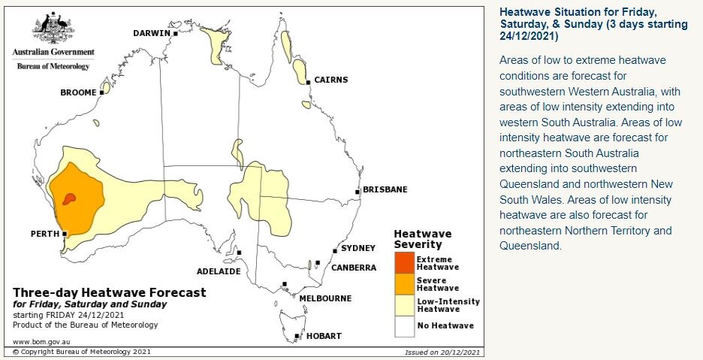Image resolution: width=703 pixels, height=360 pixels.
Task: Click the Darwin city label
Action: pos(151,33)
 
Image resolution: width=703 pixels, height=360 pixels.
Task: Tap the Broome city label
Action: pos(78,92)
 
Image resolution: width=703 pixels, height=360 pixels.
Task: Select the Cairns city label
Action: pos(330,80)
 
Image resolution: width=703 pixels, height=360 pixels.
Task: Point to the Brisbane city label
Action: pos(385,189)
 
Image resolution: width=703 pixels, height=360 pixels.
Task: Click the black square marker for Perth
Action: pos(65,234)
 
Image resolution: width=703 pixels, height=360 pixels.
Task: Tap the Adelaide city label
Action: pos(218,271)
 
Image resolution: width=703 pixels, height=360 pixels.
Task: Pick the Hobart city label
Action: pos(323,336)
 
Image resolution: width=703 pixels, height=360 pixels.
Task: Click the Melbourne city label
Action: pos(325,298)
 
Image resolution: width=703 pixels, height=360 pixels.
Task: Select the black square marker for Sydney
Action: pos(335,251)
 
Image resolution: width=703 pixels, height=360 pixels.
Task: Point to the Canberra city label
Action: pos(343,268)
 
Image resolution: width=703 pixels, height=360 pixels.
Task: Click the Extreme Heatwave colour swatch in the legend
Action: pos(404,262)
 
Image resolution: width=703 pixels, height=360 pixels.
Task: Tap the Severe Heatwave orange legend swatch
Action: pos(404,283)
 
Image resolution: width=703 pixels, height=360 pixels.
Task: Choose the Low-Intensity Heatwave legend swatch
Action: pos(404,304)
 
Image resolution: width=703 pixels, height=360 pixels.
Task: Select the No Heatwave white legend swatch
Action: pos(404,325)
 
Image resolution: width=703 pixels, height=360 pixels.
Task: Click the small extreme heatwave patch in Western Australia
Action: pos(69,198)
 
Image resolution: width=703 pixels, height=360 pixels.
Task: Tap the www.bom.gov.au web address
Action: pos(37,341)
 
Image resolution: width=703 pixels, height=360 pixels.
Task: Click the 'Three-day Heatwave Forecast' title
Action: pos(109,292)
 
